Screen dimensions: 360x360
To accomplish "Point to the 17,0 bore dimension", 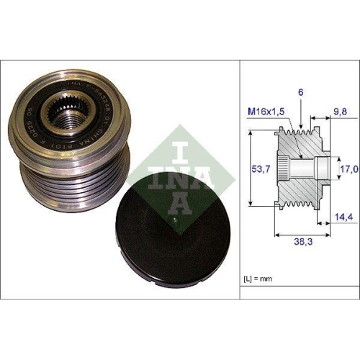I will (348, 170).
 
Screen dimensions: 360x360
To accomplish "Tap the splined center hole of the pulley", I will (73, 116).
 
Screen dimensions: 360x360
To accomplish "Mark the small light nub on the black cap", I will (176, 215).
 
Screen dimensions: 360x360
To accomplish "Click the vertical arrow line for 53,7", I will (250, 168).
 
